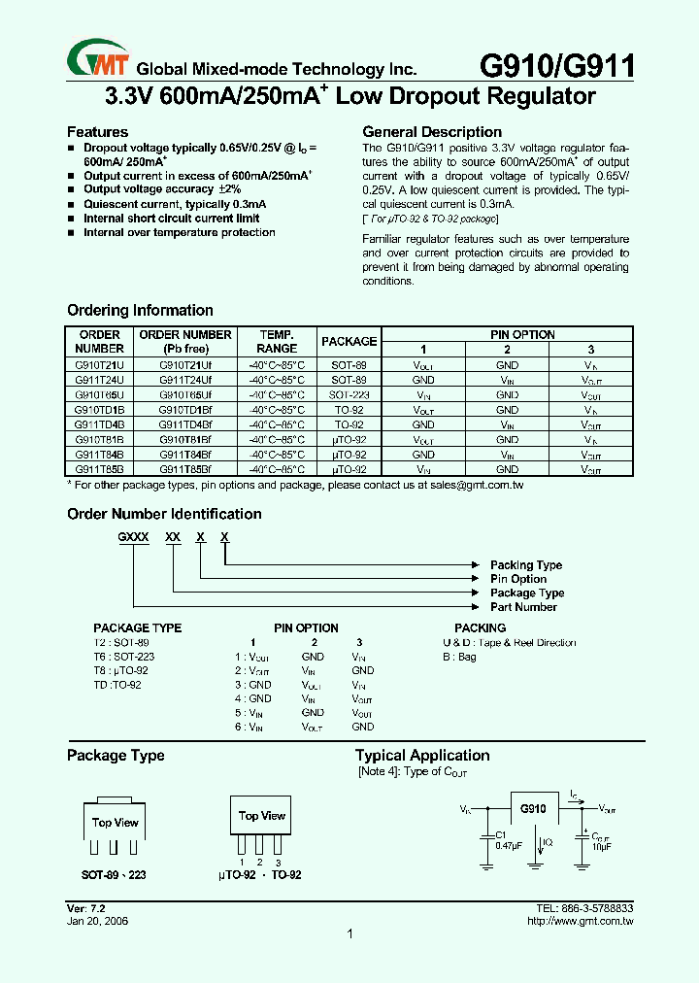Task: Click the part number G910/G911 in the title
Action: [x=557, y=66]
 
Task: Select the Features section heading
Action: [x=97, y=132]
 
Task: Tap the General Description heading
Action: [x=432, y=132]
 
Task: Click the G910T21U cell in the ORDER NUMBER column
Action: [x=99, y=365]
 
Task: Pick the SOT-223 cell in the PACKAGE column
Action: [x=349, y=395]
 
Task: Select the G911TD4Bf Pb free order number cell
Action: [x=184, y=424]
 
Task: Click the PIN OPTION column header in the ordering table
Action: [x=508, y=334]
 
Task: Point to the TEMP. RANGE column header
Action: [x=277, y=341]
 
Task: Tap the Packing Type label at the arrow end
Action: [x=525, y=565]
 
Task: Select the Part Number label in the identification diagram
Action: [x=523, y=607]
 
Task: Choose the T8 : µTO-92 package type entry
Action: [x=121, y=670]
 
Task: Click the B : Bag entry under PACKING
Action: [x=459, y=657]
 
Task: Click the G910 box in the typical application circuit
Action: [x=533, y=809]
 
